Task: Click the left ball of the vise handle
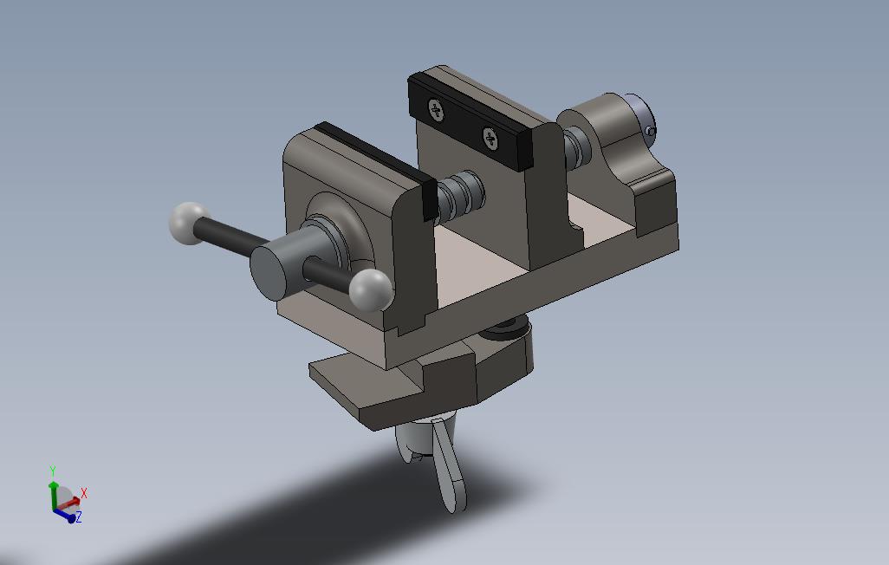tap(190, 223)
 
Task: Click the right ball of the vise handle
tap(370, 290)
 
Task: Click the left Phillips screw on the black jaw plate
tap(436, 109)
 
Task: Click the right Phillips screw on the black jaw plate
tap(490, 139)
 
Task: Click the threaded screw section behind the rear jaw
tap(577, 146)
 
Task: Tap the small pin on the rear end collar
tap(650, 131)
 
